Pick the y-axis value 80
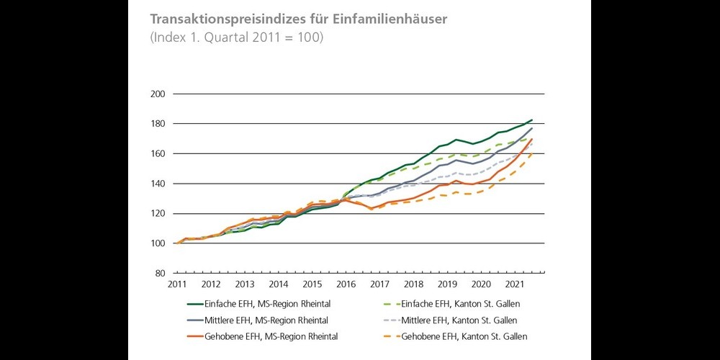click(160, 274)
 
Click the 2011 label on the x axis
click(177, 285)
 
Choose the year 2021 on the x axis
click(514, 285)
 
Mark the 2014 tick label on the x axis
click(278, 285)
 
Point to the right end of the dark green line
click(532, 120)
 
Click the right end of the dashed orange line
click(532, 151)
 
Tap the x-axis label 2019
click(446, 285)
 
